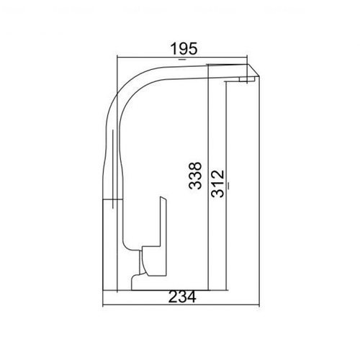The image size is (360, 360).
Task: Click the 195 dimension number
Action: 184,49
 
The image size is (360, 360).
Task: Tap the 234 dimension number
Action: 182,297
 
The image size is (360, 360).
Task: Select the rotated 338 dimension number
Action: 195,176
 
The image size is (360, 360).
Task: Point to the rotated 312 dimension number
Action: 218,184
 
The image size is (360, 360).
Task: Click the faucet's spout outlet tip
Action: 246,80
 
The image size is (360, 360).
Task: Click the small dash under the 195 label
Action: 182,59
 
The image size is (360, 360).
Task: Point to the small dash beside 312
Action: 228,186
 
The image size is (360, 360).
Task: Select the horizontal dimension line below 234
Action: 181,306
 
